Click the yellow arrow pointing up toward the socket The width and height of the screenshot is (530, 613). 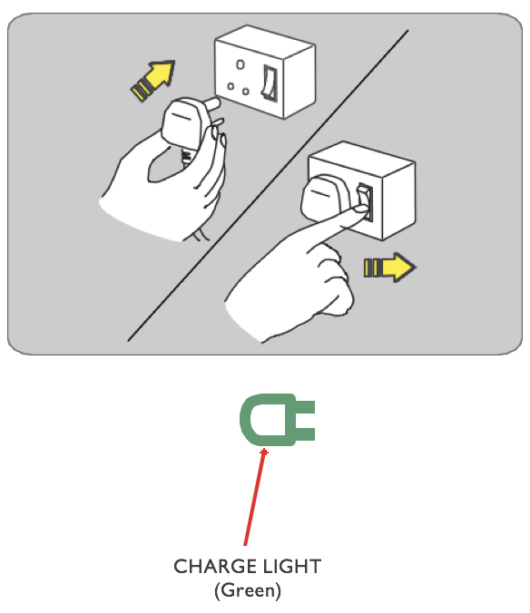coord(153,80)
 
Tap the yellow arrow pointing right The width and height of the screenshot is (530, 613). coord(390,268)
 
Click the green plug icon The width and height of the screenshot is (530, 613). coord(277,420)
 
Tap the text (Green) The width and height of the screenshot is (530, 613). coord(248,590)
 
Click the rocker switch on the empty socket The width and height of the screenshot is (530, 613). coord(270,83)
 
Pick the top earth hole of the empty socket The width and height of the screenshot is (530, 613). coord(240,64)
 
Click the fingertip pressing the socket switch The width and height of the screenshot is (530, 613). coord(362,210)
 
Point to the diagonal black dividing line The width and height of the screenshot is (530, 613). coord(268,185)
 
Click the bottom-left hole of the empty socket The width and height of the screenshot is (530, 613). coord(231,86)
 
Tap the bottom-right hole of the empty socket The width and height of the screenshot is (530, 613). coord(246,92)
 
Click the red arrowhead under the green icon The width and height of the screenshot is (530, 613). coord(264,452)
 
